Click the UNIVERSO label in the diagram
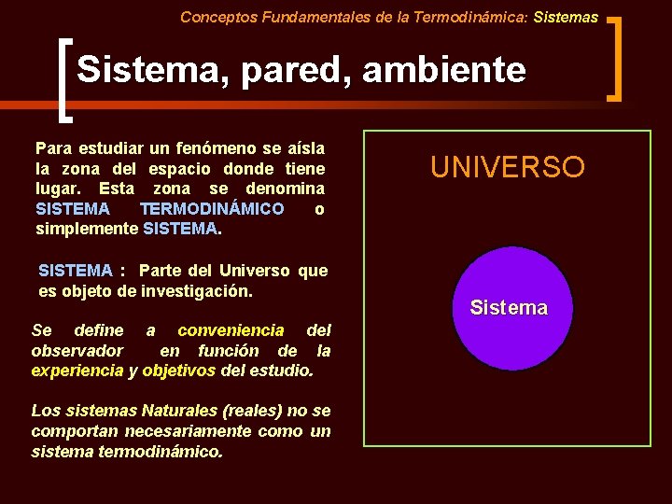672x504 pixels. point(507,167)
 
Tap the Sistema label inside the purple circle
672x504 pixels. point(509,308)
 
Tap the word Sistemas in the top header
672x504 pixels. point(566,17)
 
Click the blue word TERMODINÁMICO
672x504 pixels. point(212,209)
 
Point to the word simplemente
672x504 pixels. point(87,229)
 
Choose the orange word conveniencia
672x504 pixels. point(231,330)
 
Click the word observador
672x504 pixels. point(77,351)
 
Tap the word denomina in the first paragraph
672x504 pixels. point(279,189)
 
